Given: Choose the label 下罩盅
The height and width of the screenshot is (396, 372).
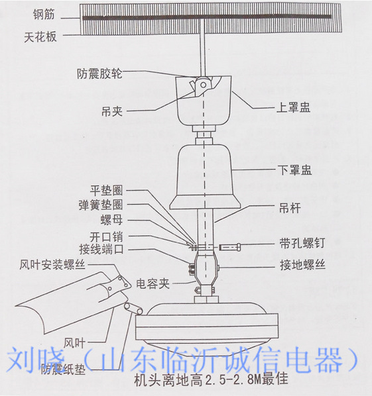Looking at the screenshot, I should (294, 170).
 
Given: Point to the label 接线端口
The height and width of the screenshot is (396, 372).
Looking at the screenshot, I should (101, 250).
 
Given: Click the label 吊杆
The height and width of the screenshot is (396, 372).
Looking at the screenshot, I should (288, 207).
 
